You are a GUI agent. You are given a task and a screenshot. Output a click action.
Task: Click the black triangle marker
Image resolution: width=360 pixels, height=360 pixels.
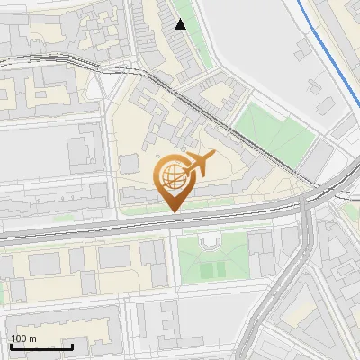click(x=181, y=24)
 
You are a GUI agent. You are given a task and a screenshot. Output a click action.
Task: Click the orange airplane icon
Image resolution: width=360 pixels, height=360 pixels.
click(x=200, y=163)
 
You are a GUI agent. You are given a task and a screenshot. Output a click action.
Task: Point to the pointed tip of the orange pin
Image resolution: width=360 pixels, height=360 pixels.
click(x=173, y=211)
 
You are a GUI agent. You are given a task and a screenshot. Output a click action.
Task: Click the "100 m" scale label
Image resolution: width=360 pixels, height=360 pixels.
click(x=24, y=339)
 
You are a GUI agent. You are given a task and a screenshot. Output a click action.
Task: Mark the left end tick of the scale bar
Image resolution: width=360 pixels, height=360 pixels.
click(x=10, y=346)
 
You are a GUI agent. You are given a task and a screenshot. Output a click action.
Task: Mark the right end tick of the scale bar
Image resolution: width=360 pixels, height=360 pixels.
click(x=73, y=346)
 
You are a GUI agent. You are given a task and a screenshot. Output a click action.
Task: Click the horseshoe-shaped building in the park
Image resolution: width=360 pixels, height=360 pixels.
click(x=211, y=245)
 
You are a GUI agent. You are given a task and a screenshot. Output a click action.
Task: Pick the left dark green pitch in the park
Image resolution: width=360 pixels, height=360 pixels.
click(x=206, y=269)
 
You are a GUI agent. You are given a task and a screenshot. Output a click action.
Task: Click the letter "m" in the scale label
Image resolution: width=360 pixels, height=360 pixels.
click(x=34, y=339)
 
